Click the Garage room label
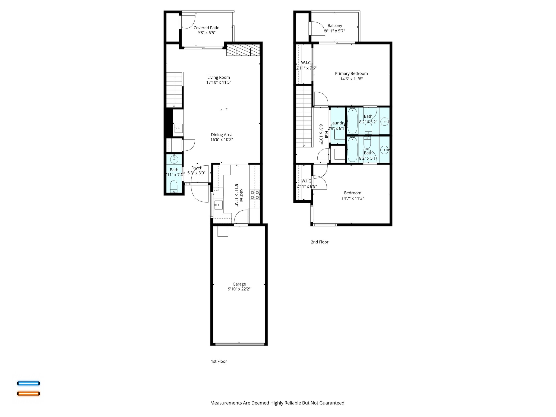pos(239,284)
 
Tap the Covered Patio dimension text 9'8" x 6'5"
pos(206,33)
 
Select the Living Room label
pos(219,77)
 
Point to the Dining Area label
pos(222,135)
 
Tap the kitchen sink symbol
pos(219,205)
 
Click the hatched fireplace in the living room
pos(243,51)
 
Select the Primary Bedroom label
pos(351,74)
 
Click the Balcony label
pos(335,26)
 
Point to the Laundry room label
pos(338,123)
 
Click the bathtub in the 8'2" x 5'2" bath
pos(353,121)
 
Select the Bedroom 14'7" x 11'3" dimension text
pos(352,198)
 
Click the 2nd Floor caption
pos(320,242)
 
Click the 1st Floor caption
pos(219,361)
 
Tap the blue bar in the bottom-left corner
pos(29,383)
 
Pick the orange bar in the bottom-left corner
pos(29,393)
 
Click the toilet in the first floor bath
pos(173,187)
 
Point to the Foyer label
pos(196,168)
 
